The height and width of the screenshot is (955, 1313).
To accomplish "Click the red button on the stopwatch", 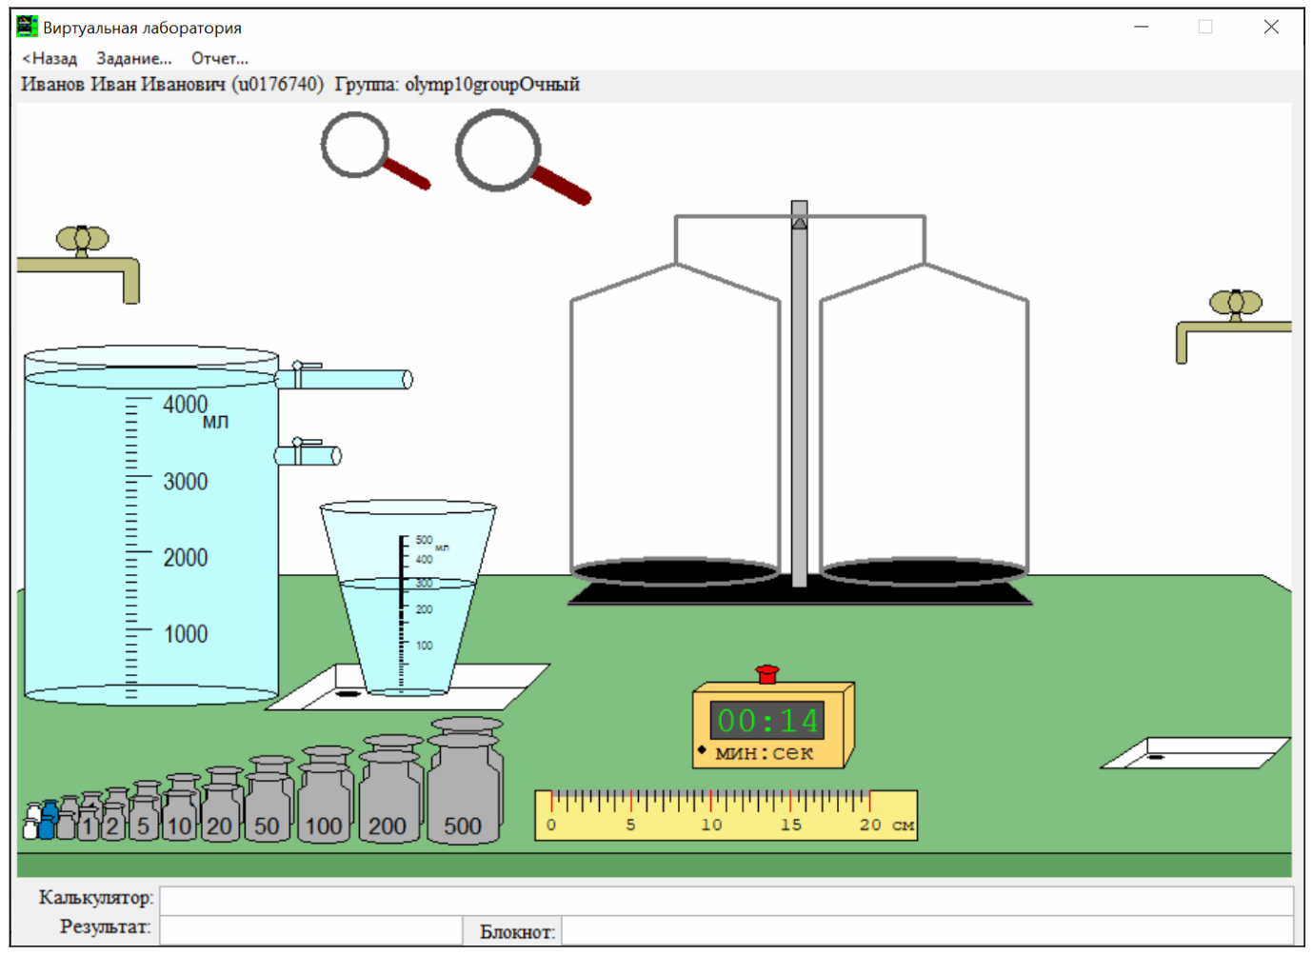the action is (767, 674).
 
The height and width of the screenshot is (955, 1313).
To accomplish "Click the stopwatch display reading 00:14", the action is (767, 721).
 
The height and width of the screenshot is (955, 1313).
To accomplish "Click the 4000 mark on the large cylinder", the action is (186, 405).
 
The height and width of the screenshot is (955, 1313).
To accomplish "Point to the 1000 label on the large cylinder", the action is (186, 634).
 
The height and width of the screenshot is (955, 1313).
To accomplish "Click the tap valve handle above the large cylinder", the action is (82, 239).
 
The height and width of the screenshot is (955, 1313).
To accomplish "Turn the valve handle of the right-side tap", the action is (1236, 303).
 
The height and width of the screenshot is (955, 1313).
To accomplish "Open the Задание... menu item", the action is (134, 59).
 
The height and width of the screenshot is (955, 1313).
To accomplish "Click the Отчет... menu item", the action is (220, 59).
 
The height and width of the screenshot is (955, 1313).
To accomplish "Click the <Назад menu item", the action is (50, 59).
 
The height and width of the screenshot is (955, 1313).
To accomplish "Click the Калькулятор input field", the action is (726, 901).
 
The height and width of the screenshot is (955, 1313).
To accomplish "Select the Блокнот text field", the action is (927, 930).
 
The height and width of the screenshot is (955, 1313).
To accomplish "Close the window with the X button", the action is (1271, 27).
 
